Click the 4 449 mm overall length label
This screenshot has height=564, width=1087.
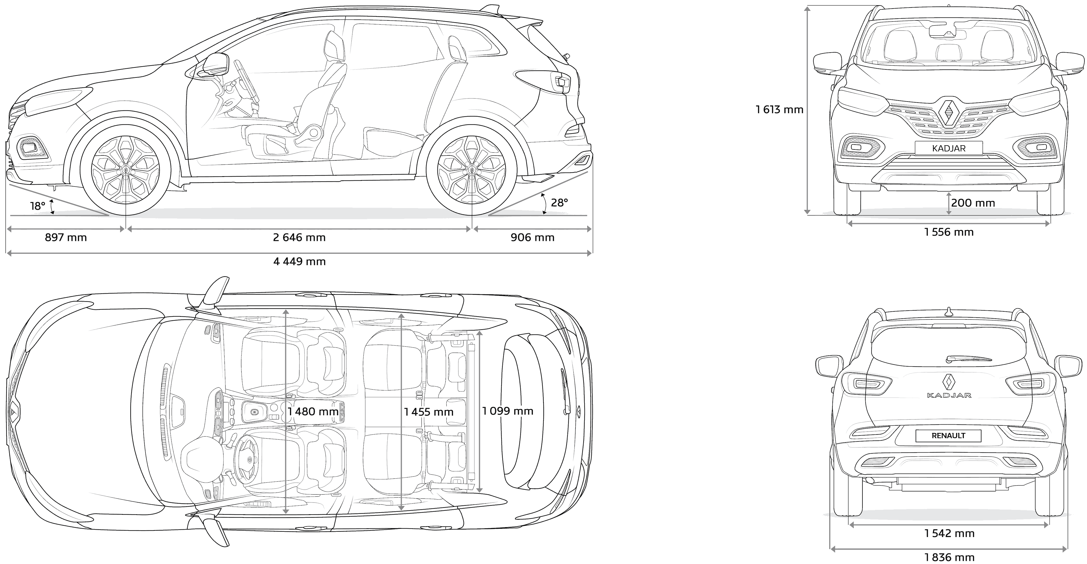[x=300, y=262]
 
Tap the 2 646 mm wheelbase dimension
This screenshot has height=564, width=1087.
[x=299, y=238]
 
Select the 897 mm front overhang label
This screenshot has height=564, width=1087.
[x=66, y=238]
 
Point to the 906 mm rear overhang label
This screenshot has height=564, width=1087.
[x=532, y=238]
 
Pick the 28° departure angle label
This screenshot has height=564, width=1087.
[x=559, y=203]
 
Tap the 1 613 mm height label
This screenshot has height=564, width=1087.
[x=779, y=110]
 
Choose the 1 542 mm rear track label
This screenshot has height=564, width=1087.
[x=949, y=534]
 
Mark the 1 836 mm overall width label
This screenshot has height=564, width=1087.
[x=949, y=558]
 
